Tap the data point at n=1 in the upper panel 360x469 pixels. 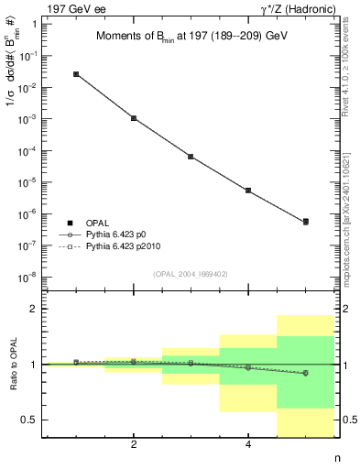click(x=76, y=74)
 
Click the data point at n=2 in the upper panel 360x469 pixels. click(x=134, y=118)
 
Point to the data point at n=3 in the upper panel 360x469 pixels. click(x=191, y=157)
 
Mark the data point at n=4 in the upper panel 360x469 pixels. click(x=248, y=191)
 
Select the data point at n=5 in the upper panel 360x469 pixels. click(x=305, y=222)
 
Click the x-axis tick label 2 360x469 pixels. click(x=134, y=445)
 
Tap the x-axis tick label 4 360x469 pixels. click(x=248, y=445)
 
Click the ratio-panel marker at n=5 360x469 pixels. click(x=305, y=373)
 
